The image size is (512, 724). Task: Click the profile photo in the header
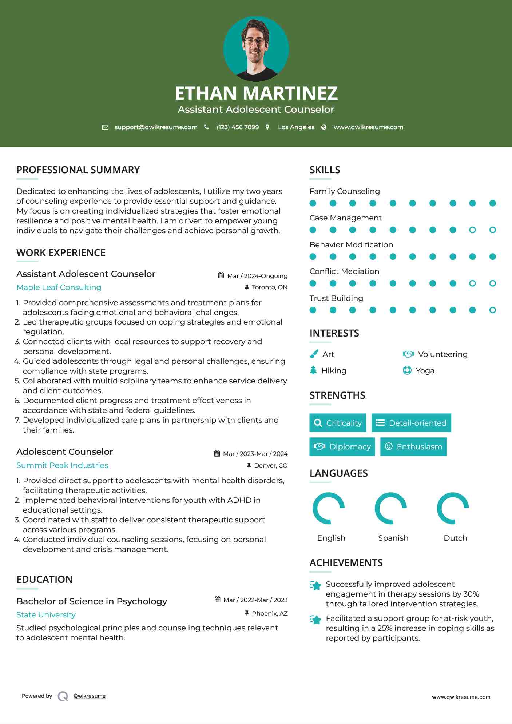256,49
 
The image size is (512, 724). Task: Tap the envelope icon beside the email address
105,127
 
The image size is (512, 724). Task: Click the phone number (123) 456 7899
238,127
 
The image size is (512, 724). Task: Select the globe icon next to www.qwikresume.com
324,127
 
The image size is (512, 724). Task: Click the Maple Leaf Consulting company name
59,287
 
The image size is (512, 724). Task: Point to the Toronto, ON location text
269,287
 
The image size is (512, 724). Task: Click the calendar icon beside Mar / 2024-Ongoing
221,275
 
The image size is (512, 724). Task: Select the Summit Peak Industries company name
62,465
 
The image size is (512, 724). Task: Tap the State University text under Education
46,615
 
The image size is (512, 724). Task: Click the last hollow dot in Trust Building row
492,310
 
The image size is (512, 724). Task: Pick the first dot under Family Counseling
313,203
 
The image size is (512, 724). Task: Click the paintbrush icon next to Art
314,354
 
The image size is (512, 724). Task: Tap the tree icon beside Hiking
313,370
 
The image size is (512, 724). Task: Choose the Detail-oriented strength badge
411,423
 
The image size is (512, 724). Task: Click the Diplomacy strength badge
342,447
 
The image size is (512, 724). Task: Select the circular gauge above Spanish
391,508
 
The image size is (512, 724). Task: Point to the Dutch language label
455,538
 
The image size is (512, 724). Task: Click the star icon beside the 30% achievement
315,585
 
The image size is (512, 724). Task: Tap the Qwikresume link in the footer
90,696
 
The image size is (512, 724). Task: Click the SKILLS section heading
325,170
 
